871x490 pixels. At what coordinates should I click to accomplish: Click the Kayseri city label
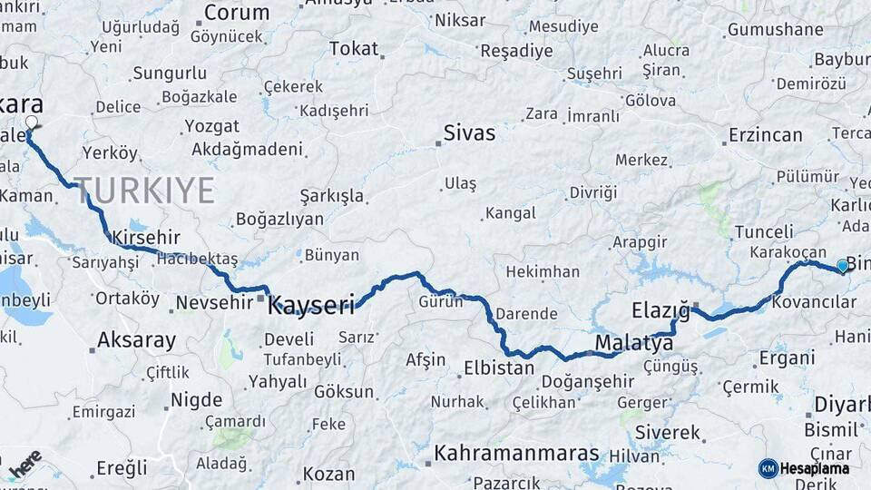click(x=310, y=306)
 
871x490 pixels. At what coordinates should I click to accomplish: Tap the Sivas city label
click(x=469, y=133)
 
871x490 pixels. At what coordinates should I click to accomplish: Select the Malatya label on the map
click(x=634, y=343)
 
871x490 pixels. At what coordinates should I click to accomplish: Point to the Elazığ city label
click(x=661, y=312)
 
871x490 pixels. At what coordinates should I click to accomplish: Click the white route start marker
click(x=32, y=122)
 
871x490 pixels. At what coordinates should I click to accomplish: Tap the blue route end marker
click(x=843, y=265)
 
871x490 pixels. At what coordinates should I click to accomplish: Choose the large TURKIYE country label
click(x=145, y=191)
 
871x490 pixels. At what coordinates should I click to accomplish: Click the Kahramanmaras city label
click(x=516, y=453)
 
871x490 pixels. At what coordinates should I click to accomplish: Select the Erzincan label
click(x=765, y=135)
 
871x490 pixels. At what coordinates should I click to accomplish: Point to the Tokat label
click(x=354, y=49)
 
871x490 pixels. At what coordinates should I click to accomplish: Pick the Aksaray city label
click(x=136, y=341)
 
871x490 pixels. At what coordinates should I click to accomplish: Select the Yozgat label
click(x=211, y=126)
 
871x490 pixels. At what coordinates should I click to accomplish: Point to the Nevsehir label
click(x=214, y=302)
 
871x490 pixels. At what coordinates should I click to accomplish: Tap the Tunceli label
click(x=764, y=231)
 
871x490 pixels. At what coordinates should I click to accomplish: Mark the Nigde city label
click(x=196, y=399)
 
